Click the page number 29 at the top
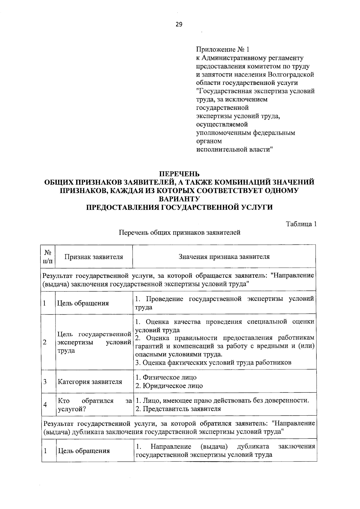[179, 24]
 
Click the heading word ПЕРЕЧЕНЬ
[179, 174]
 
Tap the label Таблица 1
[301, 224]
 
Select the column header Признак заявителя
[94, 257]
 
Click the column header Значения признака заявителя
[224, 257]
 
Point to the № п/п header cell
[49, 257]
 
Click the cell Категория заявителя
[90, 382]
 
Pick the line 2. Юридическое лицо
[169, 386]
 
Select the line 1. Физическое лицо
[166, 378]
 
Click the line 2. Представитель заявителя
[178, 409]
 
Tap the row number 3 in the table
[45, 382]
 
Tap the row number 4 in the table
[45, 405]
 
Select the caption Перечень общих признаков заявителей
[179, 233]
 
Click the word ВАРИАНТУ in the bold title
[179, 199]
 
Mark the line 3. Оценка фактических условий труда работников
[213, 363]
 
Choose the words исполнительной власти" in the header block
[234, 149]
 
